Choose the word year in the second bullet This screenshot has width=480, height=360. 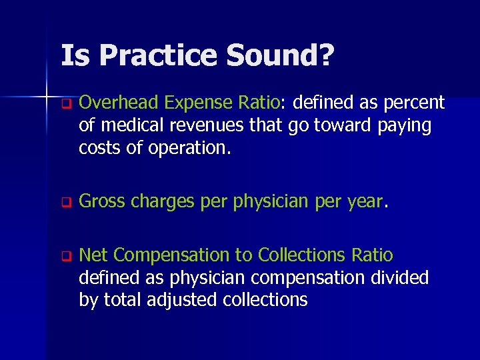[365, 201]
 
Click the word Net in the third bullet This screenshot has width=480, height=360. [93, 255]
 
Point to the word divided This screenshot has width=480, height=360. [401, 277]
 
